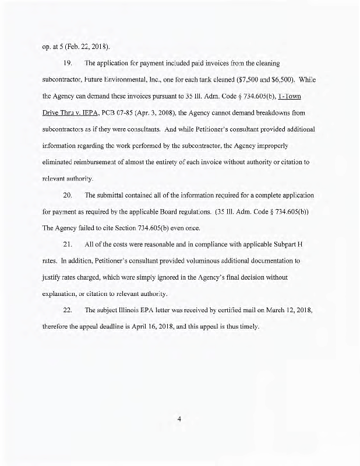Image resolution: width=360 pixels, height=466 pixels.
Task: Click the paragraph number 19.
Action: point(65,62)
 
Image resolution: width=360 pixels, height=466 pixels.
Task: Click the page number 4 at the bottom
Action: point(180,417)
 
